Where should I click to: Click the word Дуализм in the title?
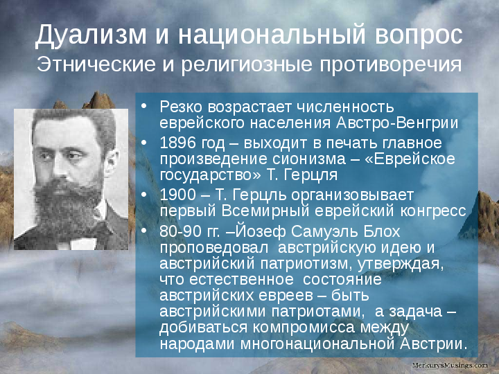[x=91, y=35]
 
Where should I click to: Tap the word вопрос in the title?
[x=419, y=35]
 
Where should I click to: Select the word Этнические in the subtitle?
[x=96, y=64]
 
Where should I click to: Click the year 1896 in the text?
[x=178, y=143]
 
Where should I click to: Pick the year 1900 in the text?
[x=178, y=195]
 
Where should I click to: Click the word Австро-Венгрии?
[x=397, y=123]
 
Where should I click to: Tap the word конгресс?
[x=433, y=211]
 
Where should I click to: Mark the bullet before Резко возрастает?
[x=144, y=106]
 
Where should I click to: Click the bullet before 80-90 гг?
[x=144, y=231]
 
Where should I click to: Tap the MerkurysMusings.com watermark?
[x=450, y=366]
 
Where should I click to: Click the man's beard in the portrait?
[x=67, y=204]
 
